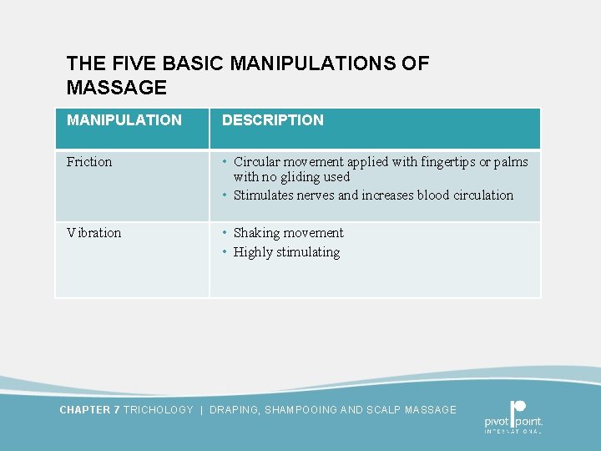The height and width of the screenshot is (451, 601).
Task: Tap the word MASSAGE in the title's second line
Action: pyautogui.click(x=117, y=88)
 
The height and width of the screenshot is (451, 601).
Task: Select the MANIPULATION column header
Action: pyautogui.click(x=124, y=120)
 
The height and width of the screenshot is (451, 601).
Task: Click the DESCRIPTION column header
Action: pyautogui.click(x=273, y=120)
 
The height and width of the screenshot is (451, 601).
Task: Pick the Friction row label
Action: pyautogui.click(x=89, y=162)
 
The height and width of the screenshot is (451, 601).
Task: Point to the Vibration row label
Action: pyautogui.click(x=94, y=233)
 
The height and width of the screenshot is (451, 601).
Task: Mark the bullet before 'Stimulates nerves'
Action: pyautogui.click(x=225, y=195)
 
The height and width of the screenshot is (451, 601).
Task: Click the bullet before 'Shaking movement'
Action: pyautogui.click(x=225, y=233)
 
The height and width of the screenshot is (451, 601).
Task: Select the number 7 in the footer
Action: pyautogui.click(x=117, y=410)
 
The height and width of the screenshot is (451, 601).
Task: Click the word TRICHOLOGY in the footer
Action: pyautogui.click(x=158, y=410)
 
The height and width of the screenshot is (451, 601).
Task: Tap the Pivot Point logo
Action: pyautogui.click(x=513, y=416)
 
